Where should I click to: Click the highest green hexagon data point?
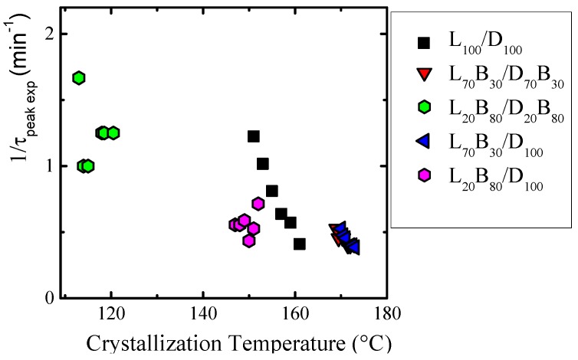click(x=78, y=77)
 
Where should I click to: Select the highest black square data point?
click(x=254, y=136)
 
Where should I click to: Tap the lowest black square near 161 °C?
click(x=300, y=244)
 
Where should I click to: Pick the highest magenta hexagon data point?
click(x=258, y=204)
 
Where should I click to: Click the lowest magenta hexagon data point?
click(x=248, y=241)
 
